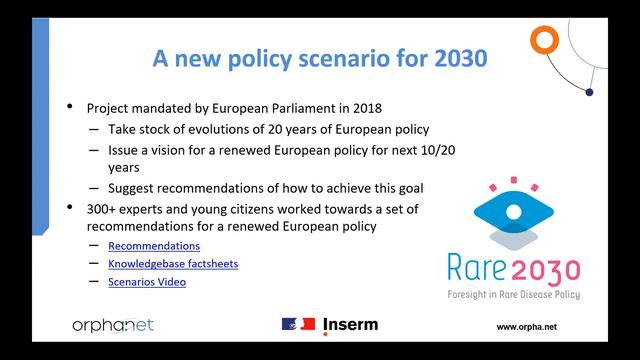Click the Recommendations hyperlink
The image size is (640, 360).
click(x=154, y=246)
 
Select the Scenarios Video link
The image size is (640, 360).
click(x=147, y=282)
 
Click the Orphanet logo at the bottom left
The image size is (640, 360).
click(x=113, y=326)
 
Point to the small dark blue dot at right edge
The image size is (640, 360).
click(x=590, y=93)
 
